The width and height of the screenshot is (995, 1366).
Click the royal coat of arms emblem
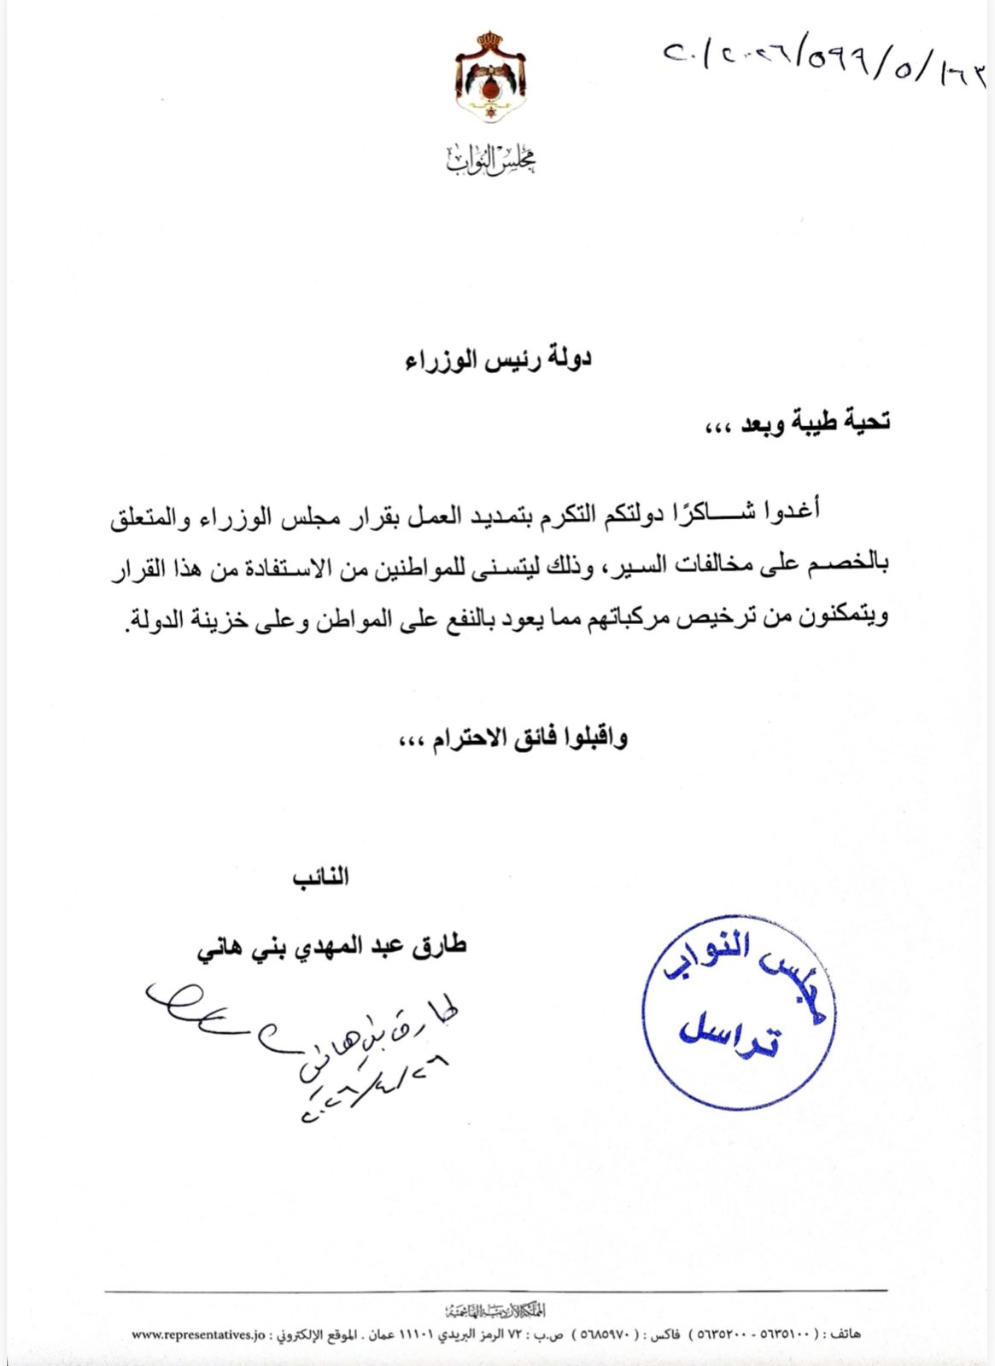pos(490,79)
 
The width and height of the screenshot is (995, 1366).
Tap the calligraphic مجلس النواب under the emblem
pos(491,159)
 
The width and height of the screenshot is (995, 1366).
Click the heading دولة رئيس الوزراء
pos(498,359)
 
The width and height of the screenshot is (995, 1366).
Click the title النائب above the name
pos(320,878)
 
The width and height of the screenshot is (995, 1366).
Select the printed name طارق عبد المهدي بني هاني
pos(332,947)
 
